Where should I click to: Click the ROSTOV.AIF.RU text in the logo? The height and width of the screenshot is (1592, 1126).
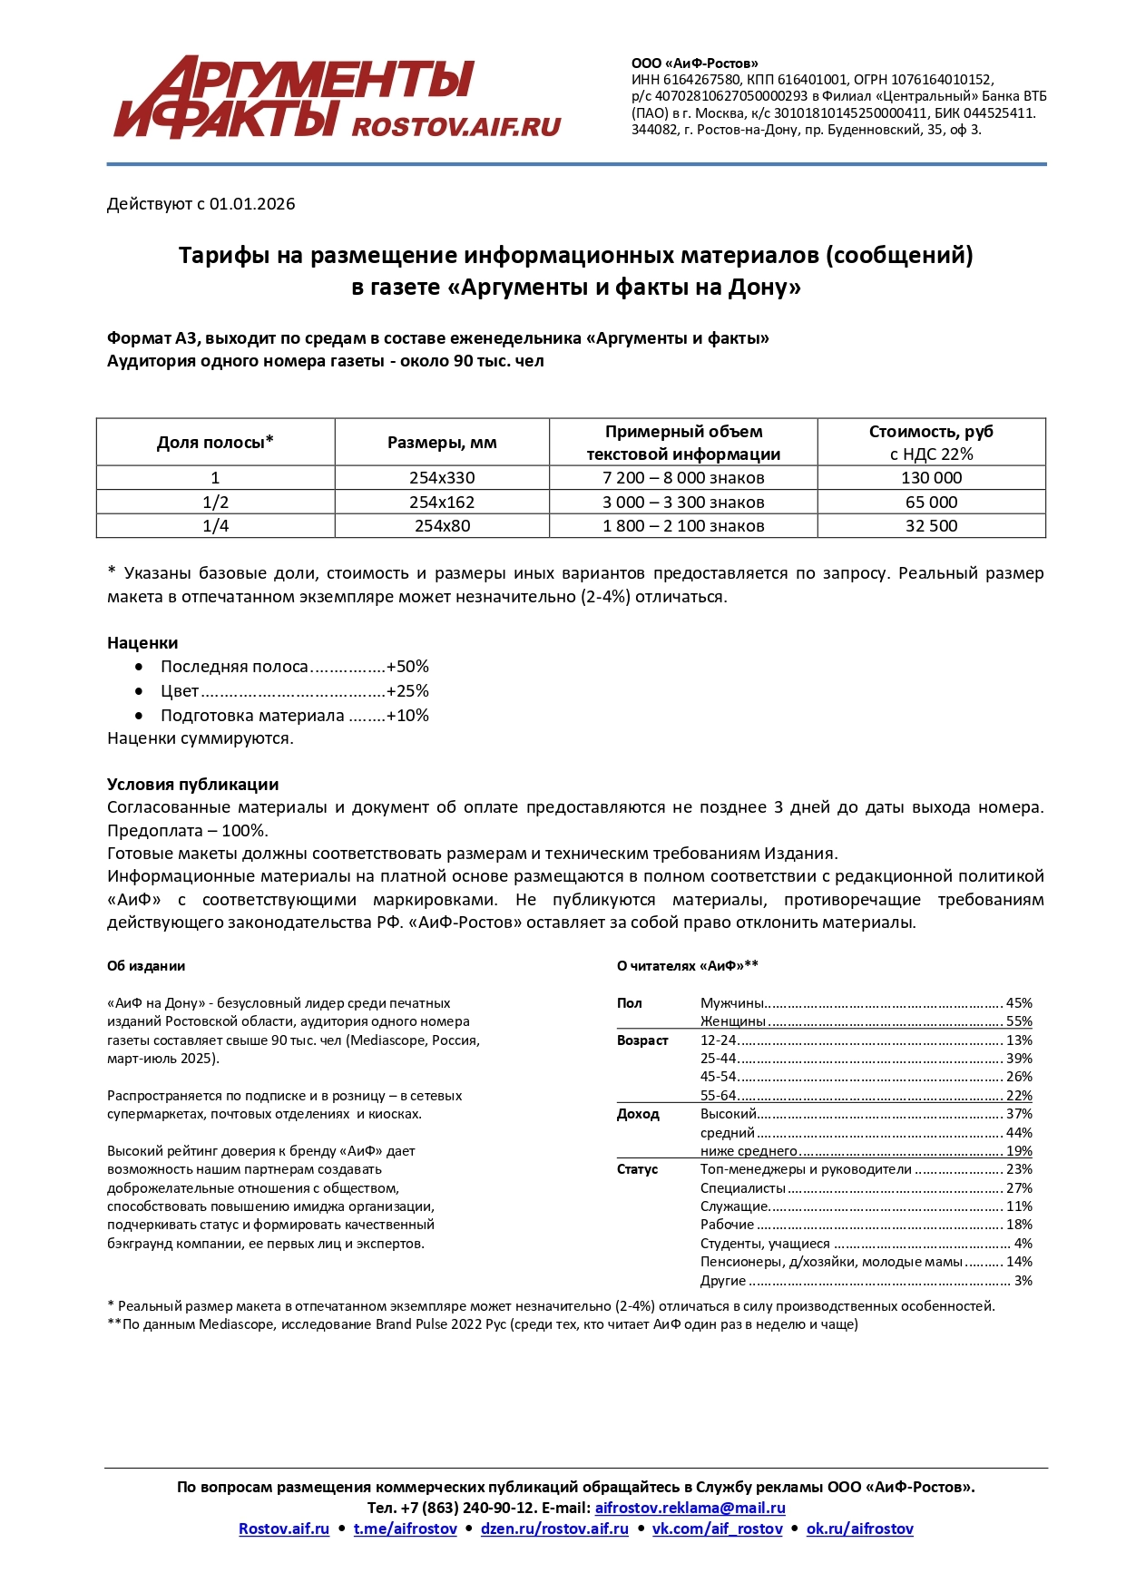tap(455, 126)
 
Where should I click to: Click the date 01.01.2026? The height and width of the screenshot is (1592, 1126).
tap(252, 204)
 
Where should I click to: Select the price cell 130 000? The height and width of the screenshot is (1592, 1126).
tap(931, 478)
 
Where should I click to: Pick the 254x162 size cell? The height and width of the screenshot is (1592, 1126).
tap(442, 503)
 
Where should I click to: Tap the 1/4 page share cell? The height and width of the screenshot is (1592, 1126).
tap(215, 526)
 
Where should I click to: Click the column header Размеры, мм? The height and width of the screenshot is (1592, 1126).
tap(442, 443)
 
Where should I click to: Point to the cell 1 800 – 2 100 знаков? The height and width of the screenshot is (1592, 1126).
tap(683, 526)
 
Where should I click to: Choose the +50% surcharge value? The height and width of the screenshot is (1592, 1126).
tap(407, 667)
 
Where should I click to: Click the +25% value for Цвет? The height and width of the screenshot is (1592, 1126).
tap(407, 691)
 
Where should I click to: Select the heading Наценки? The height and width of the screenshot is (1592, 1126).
tap(142, 643)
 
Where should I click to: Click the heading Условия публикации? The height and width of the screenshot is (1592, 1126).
tap(192, 785)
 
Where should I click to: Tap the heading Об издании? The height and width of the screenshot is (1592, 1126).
tap(146, 966)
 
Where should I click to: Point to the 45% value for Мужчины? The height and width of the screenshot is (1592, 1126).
tap(1019, 1003)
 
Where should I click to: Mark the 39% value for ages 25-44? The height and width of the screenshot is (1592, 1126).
tap(1019, 1059)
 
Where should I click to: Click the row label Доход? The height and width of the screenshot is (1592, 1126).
tap(638, 1114)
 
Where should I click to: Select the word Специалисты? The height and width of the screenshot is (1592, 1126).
tap(743, 1188)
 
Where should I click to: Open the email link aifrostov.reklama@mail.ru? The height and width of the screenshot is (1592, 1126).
tap(690, 1508)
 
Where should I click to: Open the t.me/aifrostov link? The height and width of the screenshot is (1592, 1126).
tap(406, 1529)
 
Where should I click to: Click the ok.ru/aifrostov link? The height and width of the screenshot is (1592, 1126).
tap(859, 1529)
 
